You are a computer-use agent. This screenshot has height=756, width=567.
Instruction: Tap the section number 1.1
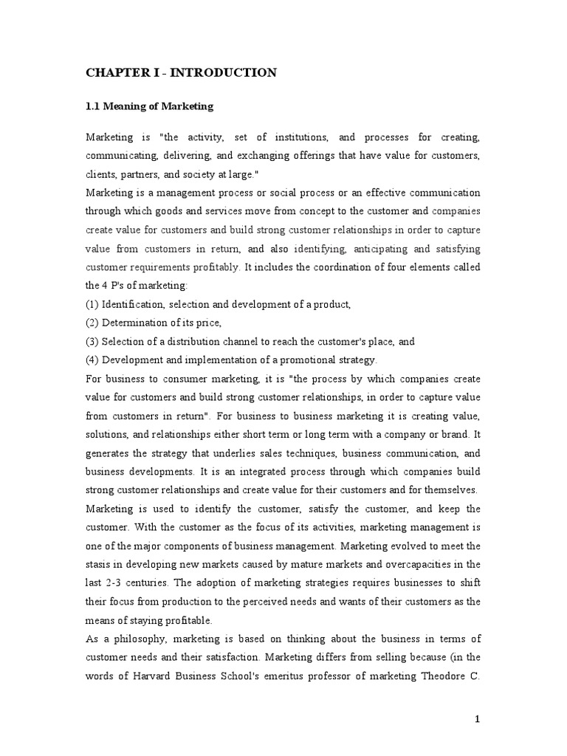(x=94, y=106)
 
